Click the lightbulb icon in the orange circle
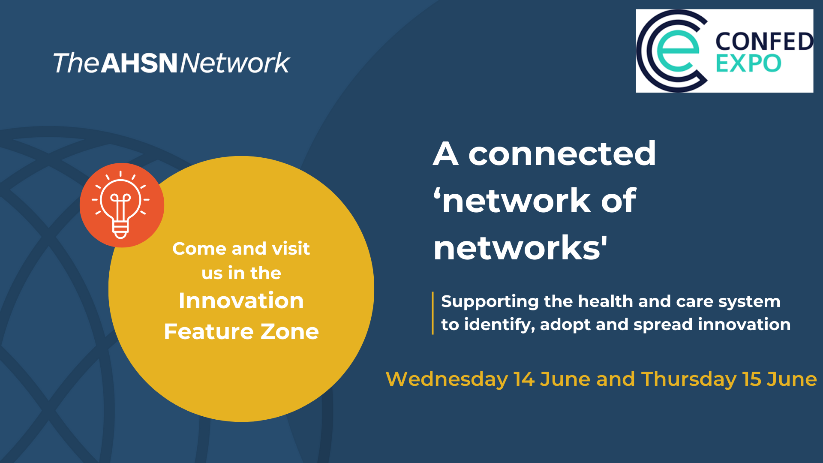pyautogui.click(x=120, y=204)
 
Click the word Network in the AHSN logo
pyautogui.click(x=235, y=63)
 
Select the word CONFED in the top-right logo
pyautogui.click(x=764, y=42)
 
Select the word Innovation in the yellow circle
pyautogui.click(x=241, y=301)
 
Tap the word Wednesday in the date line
pyautogui.click(x=447, y=379)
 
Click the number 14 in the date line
pyautogui.click(x=524, y=379)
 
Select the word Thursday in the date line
pyautogui.click(x=688, y=379)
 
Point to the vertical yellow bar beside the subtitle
pyautogui.click(x=433, y=313)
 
